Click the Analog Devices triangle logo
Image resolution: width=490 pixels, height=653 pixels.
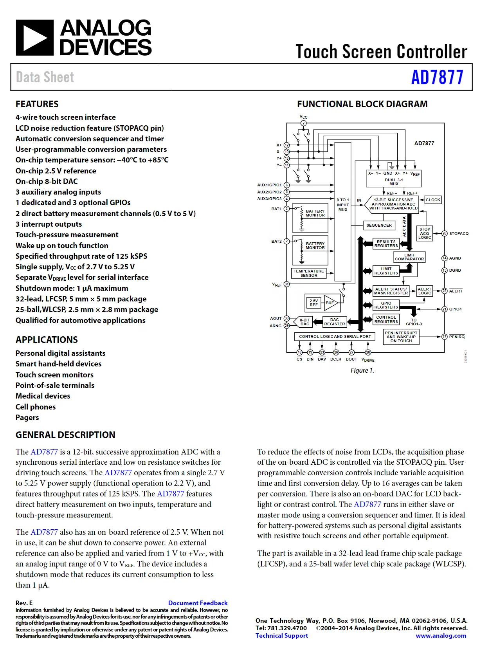click(34, 38)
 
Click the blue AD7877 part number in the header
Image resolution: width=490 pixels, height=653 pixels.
click(437, 77)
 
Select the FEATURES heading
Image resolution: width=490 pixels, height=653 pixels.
click(37, 104)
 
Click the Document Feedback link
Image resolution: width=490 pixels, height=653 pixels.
click(198, 603)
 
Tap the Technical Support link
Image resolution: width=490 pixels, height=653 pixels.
click(282, 635)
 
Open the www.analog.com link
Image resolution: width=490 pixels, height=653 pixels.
click(441, 635)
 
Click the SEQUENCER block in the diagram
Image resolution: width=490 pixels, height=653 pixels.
click(379, 225)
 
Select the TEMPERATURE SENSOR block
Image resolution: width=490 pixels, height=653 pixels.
click(309, 273)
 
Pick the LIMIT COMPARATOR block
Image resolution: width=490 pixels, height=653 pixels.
click(409, 257)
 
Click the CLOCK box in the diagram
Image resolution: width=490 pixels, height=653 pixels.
click(433, 200)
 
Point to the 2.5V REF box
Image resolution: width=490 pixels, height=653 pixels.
click(313, 303)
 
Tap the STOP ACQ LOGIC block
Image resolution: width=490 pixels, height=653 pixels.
click(425, 233)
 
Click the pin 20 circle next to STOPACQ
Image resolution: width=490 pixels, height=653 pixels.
click(444, 233)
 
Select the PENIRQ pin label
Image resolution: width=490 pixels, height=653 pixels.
click(457, 337)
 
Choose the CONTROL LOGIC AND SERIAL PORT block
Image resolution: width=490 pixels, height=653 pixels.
click(335, 336)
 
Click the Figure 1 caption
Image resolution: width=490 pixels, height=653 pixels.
click(362, 370)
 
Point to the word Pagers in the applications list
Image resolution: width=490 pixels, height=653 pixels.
click(27, 417)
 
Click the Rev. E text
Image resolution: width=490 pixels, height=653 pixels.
click(24, 603)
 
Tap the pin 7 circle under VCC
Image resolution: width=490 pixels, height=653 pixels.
click(303, 123)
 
